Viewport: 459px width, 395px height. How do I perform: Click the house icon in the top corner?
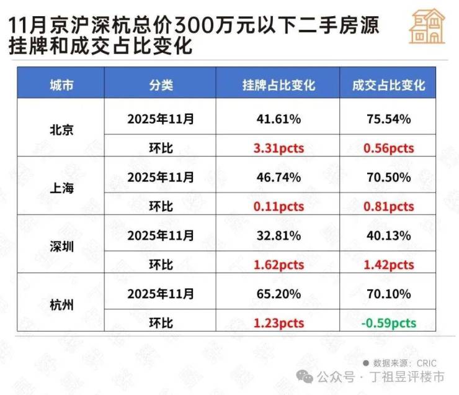pos(427,26)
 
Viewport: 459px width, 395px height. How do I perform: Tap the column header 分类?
pos(160,85)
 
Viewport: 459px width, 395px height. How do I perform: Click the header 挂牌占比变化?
pos(279,85)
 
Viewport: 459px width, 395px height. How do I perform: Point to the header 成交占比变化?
pos(388,85)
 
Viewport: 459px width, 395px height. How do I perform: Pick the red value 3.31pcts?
pos(279,148)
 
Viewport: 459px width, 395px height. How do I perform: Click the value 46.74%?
pos(279,177)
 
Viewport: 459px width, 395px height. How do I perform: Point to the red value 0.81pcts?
pos(388,206)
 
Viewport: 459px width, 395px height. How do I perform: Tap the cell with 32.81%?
pos(279,235)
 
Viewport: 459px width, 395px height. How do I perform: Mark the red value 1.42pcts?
pos(388,265)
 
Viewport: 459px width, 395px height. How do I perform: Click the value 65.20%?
pos(279,293)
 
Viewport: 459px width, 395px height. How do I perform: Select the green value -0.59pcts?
pos(388,322)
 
